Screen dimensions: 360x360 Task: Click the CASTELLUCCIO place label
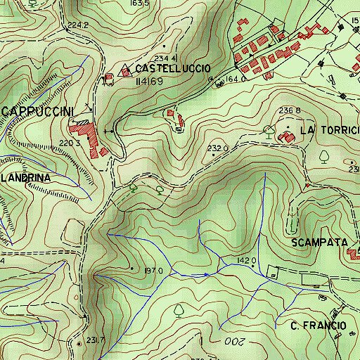pyautogui.click(x=172, y=69)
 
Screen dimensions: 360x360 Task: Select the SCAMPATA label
pyautogui.click(x=319, y=242)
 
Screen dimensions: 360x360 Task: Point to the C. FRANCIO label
pyautogui.click(x=318, y=326)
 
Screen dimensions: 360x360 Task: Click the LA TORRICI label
pyautogui.click(x=329, y=131)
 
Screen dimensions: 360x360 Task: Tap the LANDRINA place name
pyautogui.click(x=25, y=179)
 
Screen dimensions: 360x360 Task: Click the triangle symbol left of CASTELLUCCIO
pyautogui.click(x=127, y=70)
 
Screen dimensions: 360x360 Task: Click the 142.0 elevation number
pyautogui.click(x=247, y=261)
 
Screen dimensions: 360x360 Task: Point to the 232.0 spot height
pyautogui.click(x=218, y=148)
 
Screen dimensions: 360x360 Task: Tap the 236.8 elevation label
pyautogui.click(x=289, y=111)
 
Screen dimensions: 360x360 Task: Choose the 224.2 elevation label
pyautogui.click(x=79, y=25)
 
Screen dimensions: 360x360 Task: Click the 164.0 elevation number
pyautogui.click(x=234, y=79)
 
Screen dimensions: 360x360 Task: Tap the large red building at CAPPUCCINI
pyautogui.click(x=84, y=129)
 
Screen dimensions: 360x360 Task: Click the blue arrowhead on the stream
pyautogui.click(x=206, y=274)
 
